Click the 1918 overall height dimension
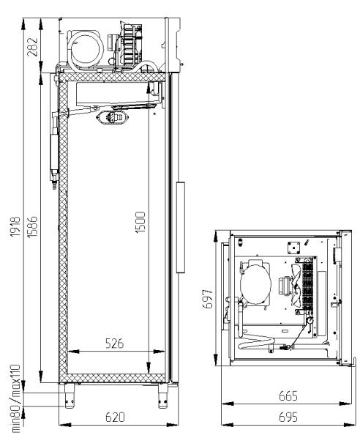(15, 226)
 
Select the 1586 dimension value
(32, 226)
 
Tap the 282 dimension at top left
(32, 47)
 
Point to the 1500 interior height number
(140, 223)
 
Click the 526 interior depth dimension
(115, 344)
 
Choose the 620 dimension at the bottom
(115, 417)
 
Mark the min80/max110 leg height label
(15, 398)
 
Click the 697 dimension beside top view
(207, 299)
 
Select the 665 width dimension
(288, 396)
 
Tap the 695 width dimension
(288, 417)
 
